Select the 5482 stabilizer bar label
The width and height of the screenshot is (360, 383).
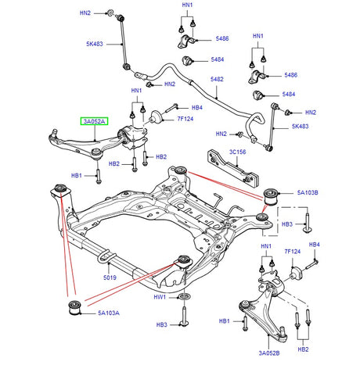[x=217, y=80]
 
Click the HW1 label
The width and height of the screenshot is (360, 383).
[x=160, y=298]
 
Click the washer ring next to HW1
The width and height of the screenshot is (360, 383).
[x=183, y=298]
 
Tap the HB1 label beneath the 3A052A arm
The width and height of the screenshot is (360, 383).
[x=77, y=176]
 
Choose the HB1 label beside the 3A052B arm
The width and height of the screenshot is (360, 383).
[x=225, y=321]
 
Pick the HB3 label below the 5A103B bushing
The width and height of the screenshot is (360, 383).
[x=286, y=224]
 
